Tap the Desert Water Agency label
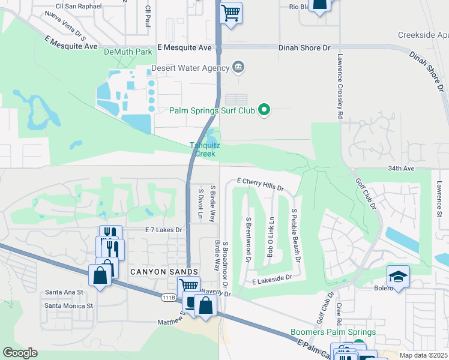point(190,68)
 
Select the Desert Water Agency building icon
point(238,66)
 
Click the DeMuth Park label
point(128,52)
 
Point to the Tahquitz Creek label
point(202,149)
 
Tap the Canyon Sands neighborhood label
point(156,272)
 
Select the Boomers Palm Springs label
point(333,332)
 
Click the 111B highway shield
point(169,297)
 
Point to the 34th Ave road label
point(402,169)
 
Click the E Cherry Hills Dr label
point(260,184)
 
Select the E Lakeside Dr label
point(271,278)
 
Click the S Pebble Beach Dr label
point(295,237)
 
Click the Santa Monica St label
point(70,305)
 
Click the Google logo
point(20,353)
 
